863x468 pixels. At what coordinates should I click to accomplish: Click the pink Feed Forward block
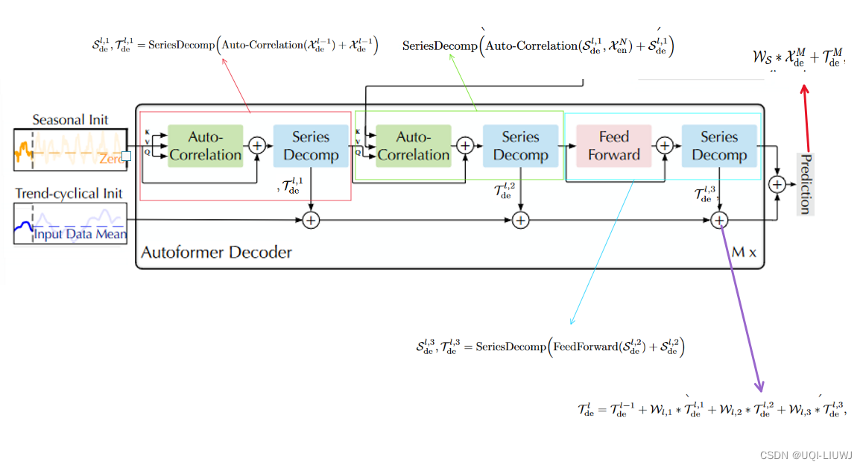(614, 146)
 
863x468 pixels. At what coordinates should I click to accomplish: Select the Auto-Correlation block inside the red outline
(206, 146)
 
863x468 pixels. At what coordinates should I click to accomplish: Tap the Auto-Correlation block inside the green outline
(413, 146)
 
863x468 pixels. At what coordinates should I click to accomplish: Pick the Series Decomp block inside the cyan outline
(718, 146)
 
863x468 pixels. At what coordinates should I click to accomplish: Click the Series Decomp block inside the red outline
(311, 146)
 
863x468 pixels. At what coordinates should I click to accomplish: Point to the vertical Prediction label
(804, 183)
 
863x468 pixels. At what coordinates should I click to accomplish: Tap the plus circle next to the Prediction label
(777, 183)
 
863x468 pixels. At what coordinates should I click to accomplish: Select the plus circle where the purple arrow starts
(719, 220)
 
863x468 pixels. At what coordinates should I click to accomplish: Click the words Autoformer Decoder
(217, 252)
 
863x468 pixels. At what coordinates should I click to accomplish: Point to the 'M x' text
(743, 253)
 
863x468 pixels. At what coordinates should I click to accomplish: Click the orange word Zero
(111, 159)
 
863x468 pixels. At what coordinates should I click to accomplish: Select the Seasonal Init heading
(70, 119)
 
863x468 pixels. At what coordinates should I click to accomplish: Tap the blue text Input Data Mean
(80, 235)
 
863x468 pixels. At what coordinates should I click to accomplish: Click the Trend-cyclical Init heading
(69, 194)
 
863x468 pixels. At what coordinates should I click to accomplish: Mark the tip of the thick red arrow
(804, 86)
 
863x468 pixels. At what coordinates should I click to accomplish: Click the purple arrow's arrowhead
(759, 388)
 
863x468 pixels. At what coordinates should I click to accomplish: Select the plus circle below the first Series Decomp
(311, 220)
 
